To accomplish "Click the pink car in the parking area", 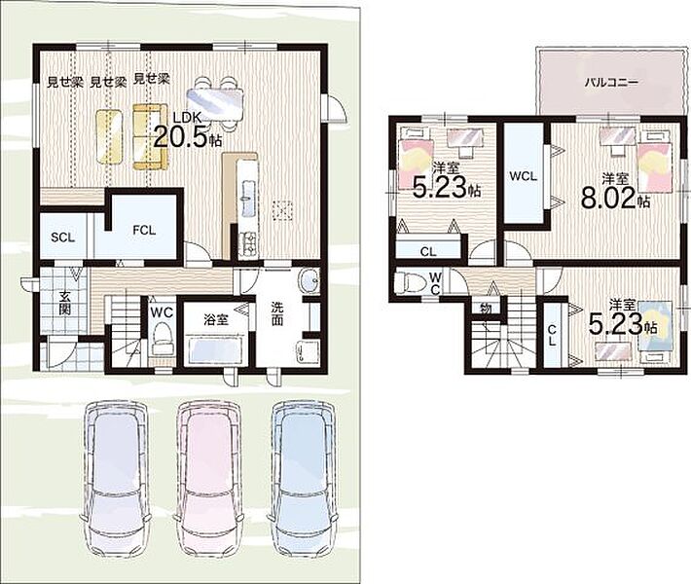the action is pos(209,482).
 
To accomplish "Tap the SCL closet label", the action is pos(63,237).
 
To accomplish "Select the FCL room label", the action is pos(144,231).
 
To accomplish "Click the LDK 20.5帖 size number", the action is pos(181,138).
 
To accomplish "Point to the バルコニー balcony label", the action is pos(611,82).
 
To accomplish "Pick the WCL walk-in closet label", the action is pos(523,176).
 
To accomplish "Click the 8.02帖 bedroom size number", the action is pos(608,199).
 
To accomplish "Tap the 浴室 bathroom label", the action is pos(216,320).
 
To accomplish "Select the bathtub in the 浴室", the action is pos(216,349).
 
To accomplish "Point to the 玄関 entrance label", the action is pos(65,303).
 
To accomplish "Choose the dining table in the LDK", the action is pos(215,104).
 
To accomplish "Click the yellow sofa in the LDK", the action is pos(151,137).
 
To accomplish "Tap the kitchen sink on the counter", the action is pos(247,201).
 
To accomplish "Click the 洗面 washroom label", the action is pos(276,313).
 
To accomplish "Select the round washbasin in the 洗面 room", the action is pos(309,280).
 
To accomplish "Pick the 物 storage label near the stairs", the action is pos(486,310).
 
